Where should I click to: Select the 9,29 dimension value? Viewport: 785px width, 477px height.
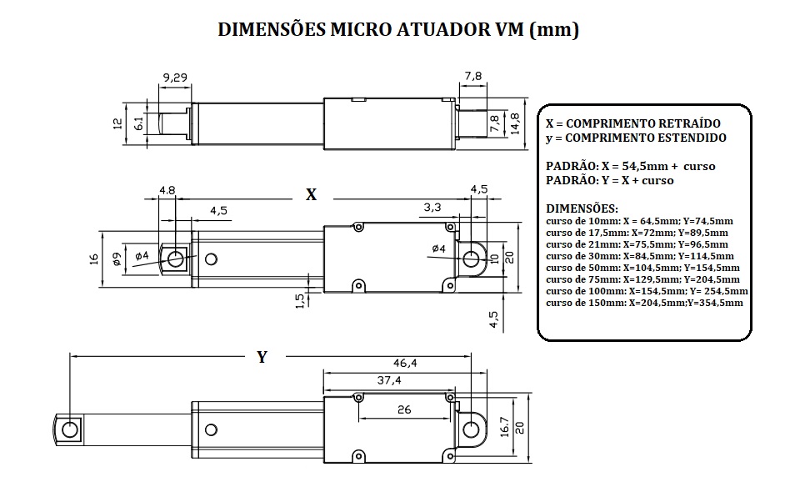coord(175,78)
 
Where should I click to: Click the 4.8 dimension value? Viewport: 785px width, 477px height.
coord(167,190)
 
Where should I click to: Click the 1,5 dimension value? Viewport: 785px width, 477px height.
coord(301,300)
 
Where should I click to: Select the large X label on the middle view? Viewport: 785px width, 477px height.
coord(311,195)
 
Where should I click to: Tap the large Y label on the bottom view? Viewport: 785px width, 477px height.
coord(262,357)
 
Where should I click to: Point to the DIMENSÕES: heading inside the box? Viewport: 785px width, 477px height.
coord(582,207)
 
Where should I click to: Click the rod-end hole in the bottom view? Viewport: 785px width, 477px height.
coord(71,429)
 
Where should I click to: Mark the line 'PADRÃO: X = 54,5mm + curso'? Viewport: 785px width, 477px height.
coord(630,166)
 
